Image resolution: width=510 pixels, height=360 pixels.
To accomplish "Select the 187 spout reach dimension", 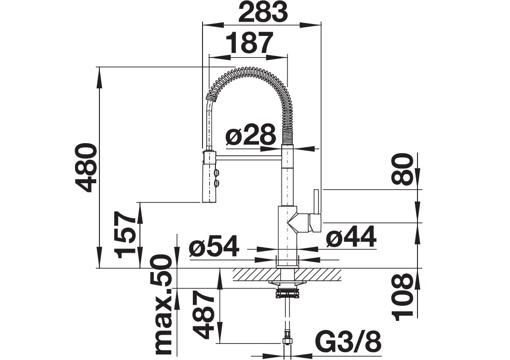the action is pos(249,43).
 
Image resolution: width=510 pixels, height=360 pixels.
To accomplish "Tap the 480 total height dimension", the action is pos(86,168).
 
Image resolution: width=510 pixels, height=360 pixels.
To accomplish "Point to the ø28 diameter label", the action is pos(250,134).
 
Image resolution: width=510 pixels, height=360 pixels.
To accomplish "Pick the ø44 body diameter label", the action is pos(351,237).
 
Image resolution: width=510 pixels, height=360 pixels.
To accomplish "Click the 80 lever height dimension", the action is pos(403,169).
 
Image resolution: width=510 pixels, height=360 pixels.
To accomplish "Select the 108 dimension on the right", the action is pos(402,297).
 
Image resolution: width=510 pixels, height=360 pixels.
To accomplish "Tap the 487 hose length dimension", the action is pos(203,314).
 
